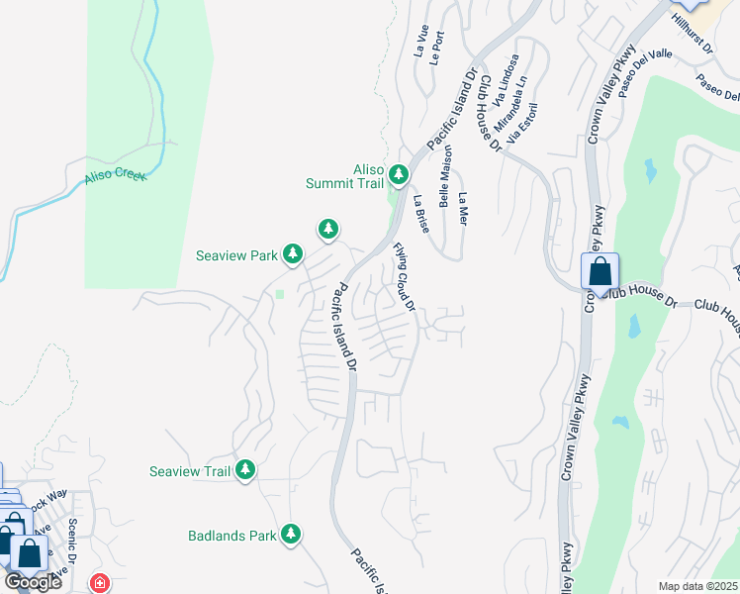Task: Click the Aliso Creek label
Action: [x=116, y=175]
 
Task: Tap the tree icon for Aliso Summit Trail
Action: [x=399, y=175]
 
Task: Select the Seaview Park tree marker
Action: [x=293, y=255]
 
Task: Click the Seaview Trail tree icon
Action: [x=244, y=471]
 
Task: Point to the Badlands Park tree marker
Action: [x=291, y=536]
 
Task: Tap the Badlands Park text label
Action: [x=231, y=537]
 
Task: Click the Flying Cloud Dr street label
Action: [x=404, y=275]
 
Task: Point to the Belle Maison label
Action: [x=446, y=176]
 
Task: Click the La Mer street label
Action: [x=462, y=208]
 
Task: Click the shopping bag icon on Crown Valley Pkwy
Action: [x=600, y=271]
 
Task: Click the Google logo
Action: [x=33, y=582]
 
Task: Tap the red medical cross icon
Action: [x=99, y=583]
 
